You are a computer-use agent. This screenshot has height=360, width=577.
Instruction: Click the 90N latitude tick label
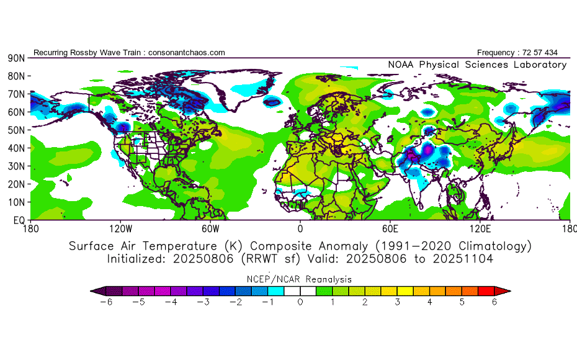click(16, 58)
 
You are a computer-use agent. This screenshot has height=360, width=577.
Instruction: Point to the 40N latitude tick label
click(16, 148)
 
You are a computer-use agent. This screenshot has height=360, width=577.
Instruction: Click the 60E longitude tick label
click(390, 228)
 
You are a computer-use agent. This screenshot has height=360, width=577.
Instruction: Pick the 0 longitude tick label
click(300, 228)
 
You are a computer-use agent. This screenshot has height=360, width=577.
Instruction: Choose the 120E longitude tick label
click(480, 228)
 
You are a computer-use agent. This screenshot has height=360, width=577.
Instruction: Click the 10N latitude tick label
click(16, 202)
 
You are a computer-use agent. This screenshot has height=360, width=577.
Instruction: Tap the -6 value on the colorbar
click(104, 302)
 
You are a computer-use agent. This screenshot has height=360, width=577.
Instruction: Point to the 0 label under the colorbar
click(300, 302)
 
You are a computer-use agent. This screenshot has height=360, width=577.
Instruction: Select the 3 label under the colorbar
click(398, 302)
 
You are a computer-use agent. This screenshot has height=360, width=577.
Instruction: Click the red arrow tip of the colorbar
click(506, 290)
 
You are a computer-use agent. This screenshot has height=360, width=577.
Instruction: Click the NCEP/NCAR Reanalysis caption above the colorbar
click(300, 279)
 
